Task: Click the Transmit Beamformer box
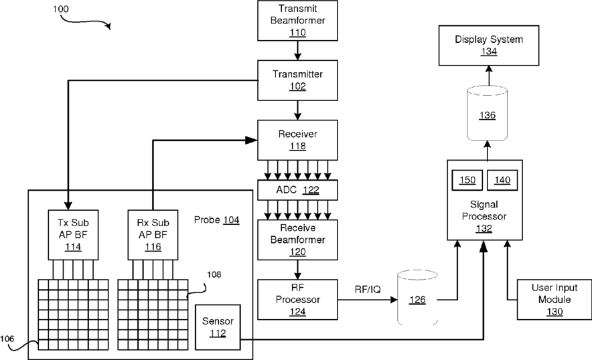pyautogui.click(x=297, y=20)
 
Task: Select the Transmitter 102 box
pyautogui.click(x=297, y=79)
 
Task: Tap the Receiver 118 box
pyautogui.click(x=297, y=139)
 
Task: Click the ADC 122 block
pyautogui.click(x=297, y=190)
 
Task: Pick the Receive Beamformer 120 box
pyautogui.click(x=297, y=239)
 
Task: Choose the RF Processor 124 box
pyautogui.click(x=297, y=298)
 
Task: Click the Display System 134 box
pyautogui.click(x=489, y=45)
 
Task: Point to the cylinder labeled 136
pyautogui.click(x=488, y=114)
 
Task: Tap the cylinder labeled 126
pyautogui.click(x=417, y=298)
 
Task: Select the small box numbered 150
pyautogui.click(x=467, y=180)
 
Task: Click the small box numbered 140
pyautogui.click(x=502, y=180)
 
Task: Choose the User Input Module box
pyautogui.click(x=546, y=298)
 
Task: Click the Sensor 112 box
pyautogui.click(x=217, y=326)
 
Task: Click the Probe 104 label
pyautogui.click(x=216, y=219)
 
